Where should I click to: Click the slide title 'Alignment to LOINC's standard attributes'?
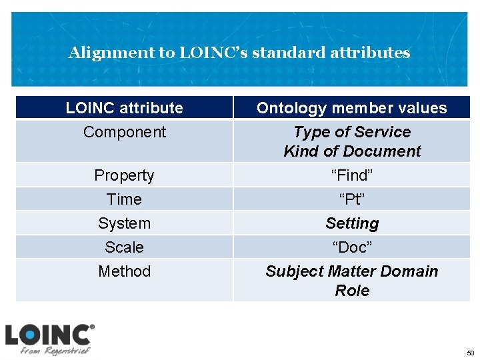(239, 53)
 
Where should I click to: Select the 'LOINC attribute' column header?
(124, 108)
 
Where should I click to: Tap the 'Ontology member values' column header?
(351, 108)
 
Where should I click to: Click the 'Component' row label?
(124, 132)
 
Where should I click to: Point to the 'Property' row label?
(124, 175)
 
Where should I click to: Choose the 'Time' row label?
(124, 199)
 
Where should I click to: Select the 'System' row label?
(124, 223)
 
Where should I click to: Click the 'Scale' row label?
(124, 247)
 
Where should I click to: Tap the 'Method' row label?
(124, 271)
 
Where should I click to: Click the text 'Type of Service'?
(351, 132)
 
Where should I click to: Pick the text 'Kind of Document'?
(351, 151)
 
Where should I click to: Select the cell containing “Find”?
(351, 175)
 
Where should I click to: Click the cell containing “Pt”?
(351, 199)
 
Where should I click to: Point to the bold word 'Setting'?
(351, 223)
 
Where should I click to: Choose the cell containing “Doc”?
(351, 247)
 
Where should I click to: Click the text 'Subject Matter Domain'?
(351, 271)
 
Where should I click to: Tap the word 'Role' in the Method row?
(351, 291)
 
